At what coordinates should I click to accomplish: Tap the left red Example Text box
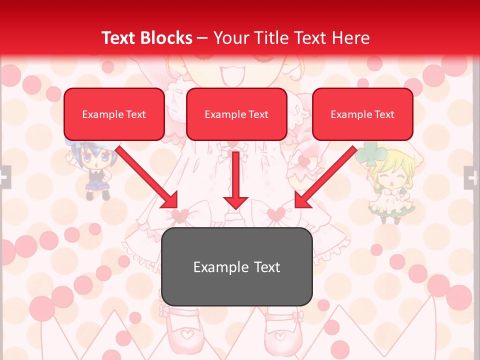[114, 114]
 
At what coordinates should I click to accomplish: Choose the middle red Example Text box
[236, 114]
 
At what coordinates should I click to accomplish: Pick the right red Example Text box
[362, 114]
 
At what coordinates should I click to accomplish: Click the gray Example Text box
[236, 266]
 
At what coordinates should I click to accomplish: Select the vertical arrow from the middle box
[235, 180]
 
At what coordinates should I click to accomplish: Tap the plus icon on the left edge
[4, 177]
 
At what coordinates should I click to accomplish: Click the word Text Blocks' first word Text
[119, 38]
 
